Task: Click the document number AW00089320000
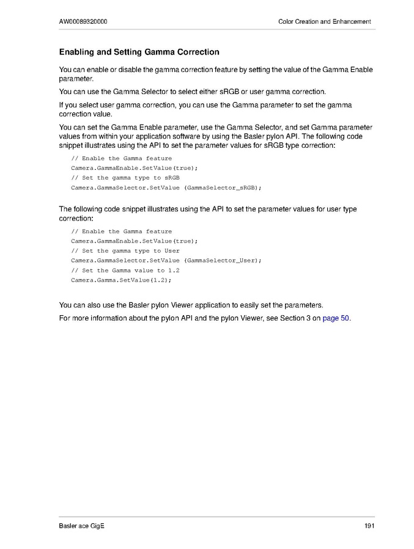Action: click(83, 22)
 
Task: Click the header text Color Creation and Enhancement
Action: click(324, 22)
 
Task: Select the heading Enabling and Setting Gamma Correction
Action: click(139, 53)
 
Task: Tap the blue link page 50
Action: click(336, 318)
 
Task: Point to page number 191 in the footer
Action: click(369, 526)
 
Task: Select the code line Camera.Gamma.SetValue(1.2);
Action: click(121, 280)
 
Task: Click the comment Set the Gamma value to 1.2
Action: click(125, 270)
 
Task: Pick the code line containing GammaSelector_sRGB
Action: click(166, 187)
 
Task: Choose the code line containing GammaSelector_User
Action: click(166, 260)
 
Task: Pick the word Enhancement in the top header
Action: click(352, 22)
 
